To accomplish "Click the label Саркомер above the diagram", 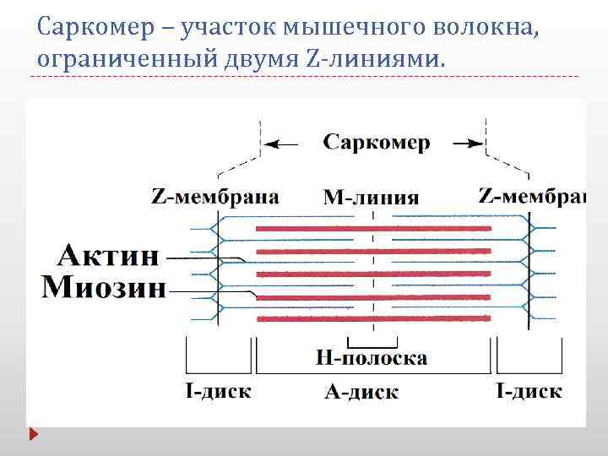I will click(x=377, y=143).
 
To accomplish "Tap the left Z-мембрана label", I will click(x=215, y=197).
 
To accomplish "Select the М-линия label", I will click(x=372, y=198).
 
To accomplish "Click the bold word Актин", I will click(x=109, y=254).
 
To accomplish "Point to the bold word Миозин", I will click(x=104, y=287).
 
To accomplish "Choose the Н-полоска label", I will click(x=372, y=358).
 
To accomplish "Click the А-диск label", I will click(x=361, y=392).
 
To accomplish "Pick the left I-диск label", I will click(x=217, y=391).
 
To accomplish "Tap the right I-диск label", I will click(x=528, y=391).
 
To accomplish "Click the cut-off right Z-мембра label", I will click(x=531, y=197).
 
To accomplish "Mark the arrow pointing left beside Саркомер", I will click(x=285, y=144).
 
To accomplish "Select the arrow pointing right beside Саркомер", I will click(x=467, y=144).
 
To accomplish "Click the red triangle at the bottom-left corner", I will click(x=35, y=436).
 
